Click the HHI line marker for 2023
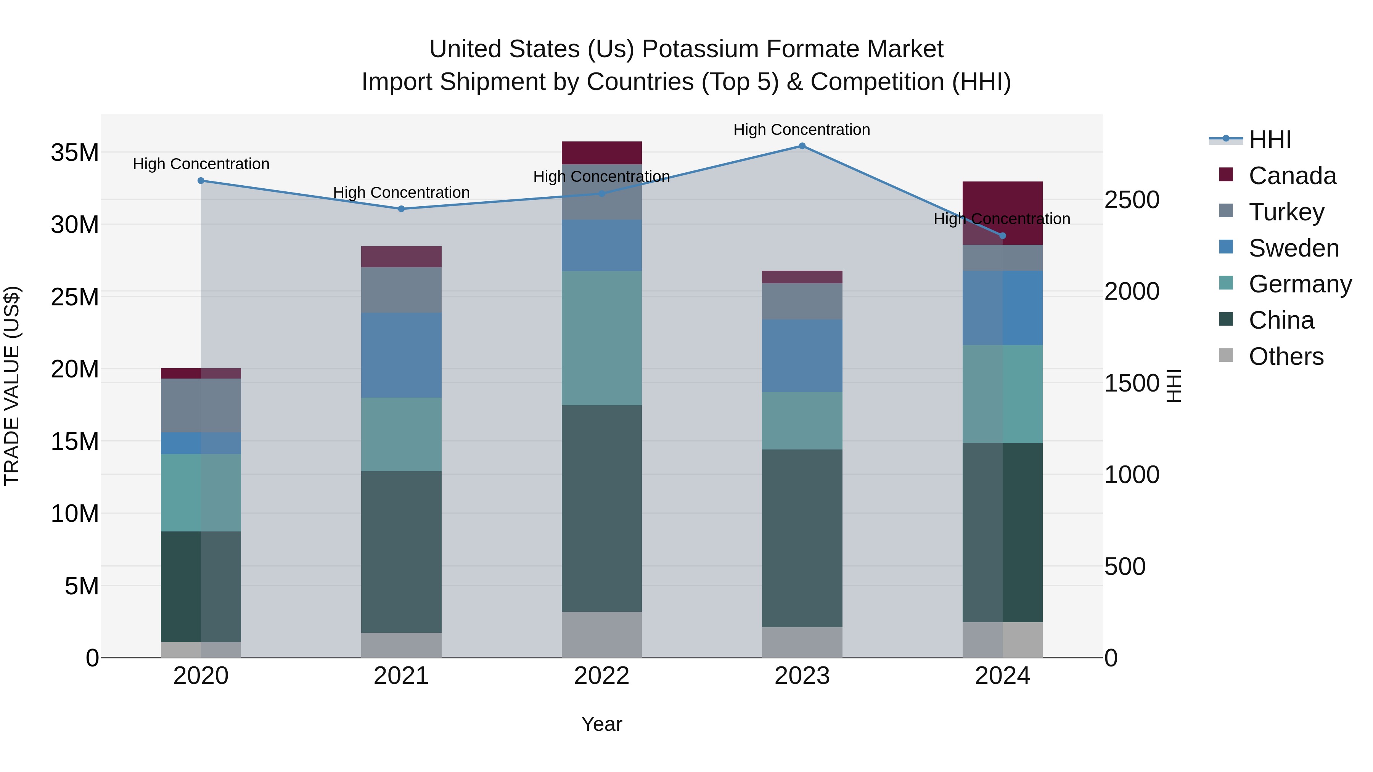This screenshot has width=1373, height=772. coord(802,146)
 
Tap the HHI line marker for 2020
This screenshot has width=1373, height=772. coord(201,181)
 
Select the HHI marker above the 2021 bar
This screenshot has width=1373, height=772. coord(401,209)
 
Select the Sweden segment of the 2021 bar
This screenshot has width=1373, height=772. coord(401,355)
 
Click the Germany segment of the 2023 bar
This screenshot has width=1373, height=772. coord(802,421)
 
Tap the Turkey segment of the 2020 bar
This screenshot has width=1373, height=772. coord(201,406)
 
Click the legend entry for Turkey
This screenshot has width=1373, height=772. coord(1286,212)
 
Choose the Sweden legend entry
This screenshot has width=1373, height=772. coord(1294,248)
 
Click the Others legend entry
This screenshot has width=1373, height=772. coord(1286,356)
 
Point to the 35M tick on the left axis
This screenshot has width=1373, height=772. coord(75,153)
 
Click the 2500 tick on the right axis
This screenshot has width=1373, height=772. coord(1132,200)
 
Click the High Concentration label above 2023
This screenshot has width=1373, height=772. coord(802,130)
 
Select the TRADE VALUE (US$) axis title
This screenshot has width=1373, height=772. coord(12,386)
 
